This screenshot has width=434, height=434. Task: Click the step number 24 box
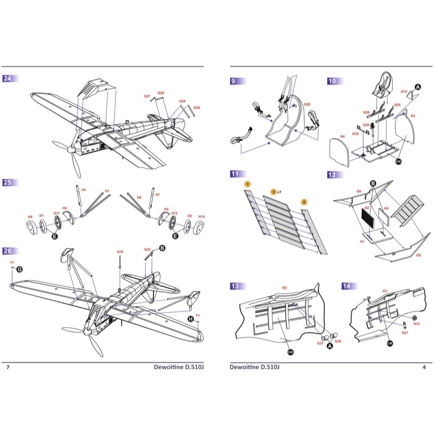point(8,79)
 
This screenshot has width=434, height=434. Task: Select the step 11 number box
point(235,174)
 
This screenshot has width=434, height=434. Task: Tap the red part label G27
point(147,96)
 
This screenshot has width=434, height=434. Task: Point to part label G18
point(120,252)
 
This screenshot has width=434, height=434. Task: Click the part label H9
point(30,217)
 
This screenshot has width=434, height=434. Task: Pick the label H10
point(201,217)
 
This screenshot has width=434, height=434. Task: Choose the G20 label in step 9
point(307,105)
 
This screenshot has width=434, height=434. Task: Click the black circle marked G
point(19,270)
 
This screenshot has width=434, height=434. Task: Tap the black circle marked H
point(190,319)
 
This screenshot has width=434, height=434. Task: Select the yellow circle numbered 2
point(304,202)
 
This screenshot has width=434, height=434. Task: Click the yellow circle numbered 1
point(247,184)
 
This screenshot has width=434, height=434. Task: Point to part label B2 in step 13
point(285,288)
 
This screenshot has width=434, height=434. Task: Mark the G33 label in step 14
point(417,323)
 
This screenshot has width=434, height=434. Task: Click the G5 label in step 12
point(418,255)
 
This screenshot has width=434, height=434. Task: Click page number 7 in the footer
point(7,367)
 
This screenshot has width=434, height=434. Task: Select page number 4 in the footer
point(424,367)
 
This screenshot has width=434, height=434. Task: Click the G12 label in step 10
point(404,92)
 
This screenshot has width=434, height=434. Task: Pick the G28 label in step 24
point(197,107)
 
